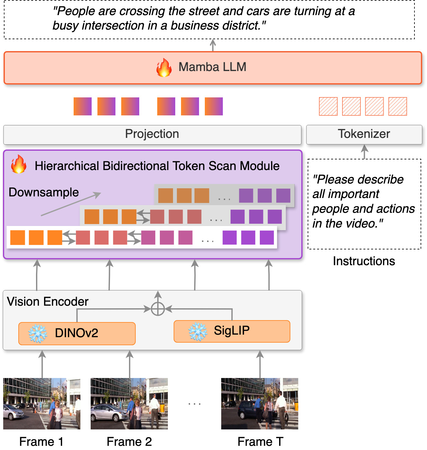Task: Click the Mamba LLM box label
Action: pyautogui.click(x=212, y=67)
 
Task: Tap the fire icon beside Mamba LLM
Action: pyautogui.click(x=164, y=67)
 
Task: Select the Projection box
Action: pyautogui.click(x=152, y=134)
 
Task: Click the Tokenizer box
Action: pyautogui.click(x=364, y=134)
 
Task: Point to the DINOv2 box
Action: pyautogui.click(x=77, y=333)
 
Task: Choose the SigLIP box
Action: pyautogui.click(x=232, y=331)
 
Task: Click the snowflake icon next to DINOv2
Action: pyautogui.click(x=38, y=333)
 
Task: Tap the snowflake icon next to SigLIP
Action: pyautogui.click(x=197, y=331)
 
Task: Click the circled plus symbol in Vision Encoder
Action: pyautogui.click(x=158, y=309)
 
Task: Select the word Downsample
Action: pyautogui.click(x=44, y=192)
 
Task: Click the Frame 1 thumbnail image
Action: pyautogui.click(x=42, y=404)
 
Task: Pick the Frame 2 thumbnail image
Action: pyautogui.click(x=129, y=404)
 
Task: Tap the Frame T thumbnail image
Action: pyautogui.click(x=260, y=404)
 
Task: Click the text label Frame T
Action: pyautogui.click(x=260, y=442)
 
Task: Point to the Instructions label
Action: pyautogui.click(x=364, y=261)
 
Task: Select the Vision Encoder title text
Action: pyautogui.click(x=48, y=301)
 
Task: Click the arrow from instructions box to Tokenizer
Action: pyautogui.click(x=364, y=151)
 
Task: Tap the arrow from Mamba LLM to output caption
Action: pyautogui.click(x=213, y=45)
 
